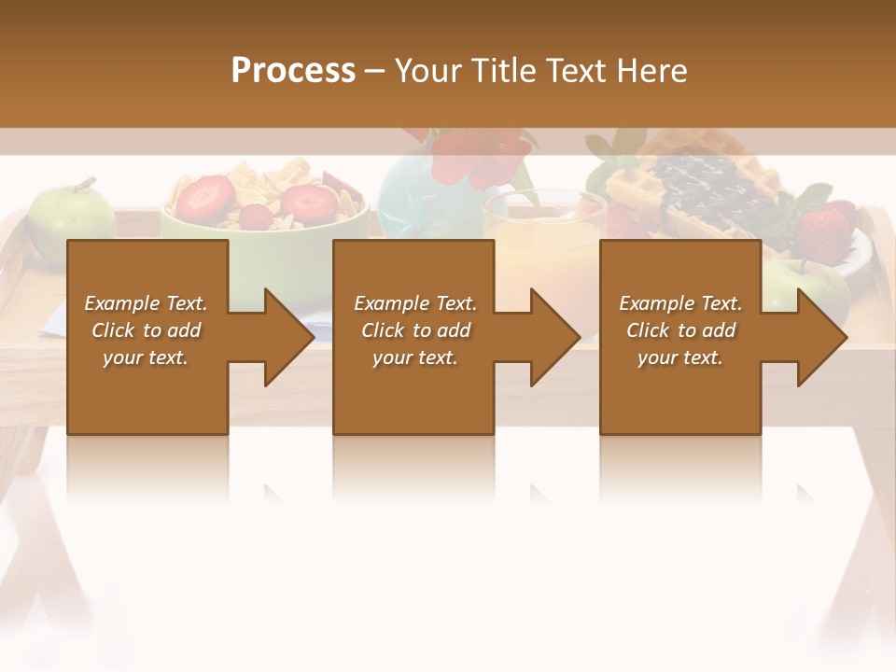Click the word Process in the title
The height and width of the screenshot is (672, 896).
point(293,71)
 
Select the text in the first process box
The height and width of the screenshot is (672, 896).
point(146,330)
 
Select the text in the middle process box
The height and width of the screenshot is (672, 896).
point(415,330)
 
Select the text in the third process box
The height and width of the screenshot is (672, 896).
point(680,330)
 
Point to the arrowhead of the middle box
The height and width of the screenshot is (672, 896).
point(553,337)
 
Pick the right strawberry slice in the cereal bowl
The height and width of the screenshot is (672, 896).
point(308,201)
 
